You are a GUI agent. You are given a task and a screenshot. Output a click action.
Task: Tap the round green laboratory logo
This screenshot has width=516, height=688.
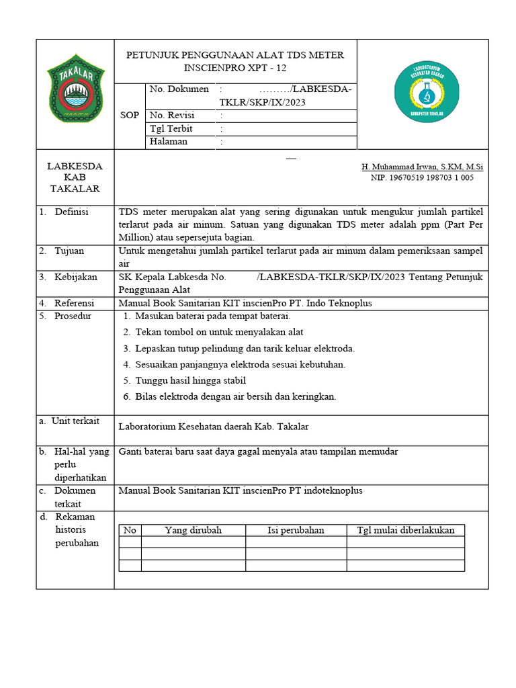click(x=426, y=91)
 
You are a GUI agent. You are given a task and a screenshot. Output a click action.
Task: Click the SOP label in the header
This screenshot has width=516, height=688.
click(x=130, y=116)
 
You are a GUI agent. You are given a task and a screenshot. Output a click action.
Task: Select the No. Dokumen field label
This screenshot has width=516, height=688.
click(x=179, y=89)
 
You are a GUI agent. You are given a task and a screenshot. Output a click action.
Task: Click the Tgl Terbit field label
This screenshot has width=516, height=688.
click(x=171, y=129)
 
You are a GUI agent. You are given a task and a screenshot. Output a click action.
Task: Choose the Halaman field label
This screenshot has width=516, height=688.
click(x=169, y=142)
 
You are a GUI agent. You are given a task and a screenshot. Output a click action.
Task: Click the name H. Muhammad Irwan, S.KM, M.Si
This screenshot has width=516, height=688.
click(x=422, y=167)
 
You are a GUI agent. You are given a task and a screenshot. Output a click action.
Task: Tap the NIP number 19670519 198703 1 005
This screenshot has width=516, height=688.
click(x=422, y=178)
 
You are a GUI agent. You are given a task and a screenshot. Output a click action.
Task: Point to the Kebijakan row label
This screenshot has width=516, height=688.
click(x=75, y=277)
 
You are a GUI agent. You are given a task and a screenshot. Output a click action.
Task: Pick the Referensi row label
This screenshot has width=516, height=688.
click(x=74, y=303)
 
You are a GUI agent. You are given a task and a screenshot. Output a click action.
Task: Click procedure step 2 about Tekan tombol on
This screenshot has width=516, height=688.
click(x=219, y=332)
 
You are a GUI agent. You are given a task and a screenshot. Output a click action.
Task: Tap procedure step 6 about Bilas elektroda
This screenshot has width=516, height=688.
click(x=235, y=396)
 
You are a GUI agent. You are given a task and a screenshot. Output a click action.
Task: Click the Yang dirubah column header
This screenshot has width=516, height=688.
click(x=193, y=530)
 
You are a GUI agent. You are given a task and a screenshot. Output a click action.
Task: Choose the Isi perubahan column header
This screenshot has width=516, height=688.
click(x=296, y=530)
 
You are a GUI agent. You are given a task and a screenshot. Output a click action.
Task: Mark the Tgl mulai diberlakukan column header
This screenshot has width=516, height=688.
click(x=405, y=530)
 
